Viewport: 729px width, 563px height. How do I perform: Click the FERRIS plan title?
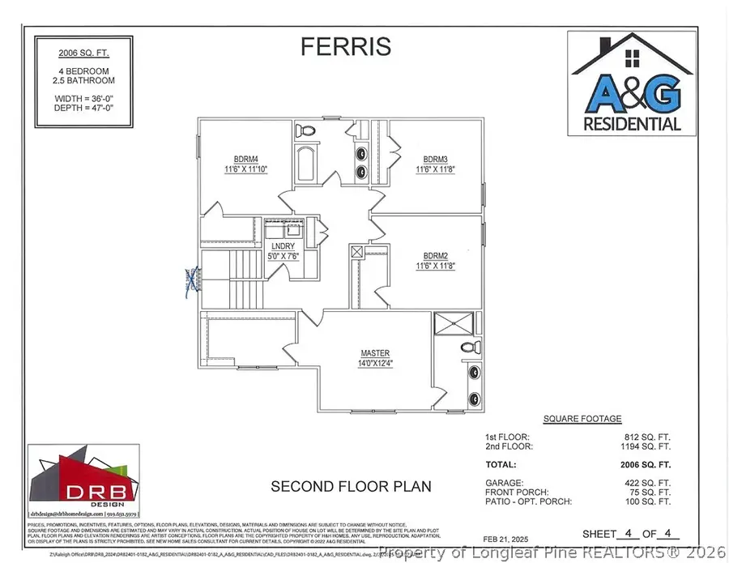point(346,47)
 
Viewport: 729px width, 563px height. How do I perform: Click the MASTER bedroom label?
point(376,358)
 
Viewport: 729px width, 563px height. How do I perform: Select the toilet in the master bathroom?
point(467,348)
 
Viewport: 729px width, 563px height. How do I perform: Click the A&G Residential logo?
point(633,82)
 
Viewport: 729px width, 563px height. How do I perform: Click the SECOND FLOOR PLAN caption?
point(351,487)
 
